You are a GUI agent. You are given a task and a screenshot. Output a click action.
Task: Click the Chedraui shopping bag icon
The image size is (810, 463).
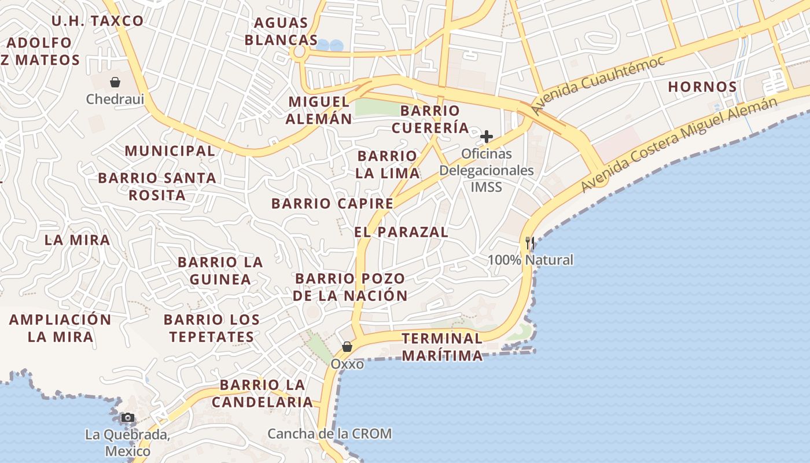tap(115, 82)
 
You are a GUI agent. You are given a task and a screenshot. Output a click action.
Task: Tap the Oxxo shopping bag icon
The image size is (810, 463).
tap(347, 347)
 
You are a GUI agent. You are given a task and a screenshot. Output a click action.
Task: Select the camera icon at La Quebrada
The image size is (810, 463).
tap(127, 417)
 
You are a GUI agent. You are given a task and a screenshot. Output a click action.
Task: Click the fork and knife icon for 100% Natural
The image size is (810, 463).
tap(529, 243)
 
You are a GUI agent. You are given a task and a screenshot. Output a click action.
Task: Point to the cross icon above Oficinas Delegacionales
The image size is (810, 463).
tap(487, 137)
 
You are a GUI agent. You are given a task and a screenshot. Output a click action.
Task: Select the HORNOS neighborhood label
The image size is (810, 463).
tap(702, 87)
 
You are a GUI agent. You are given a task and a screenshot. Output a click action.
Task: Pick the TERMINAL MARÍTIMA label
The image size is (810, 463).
tap(443, 347)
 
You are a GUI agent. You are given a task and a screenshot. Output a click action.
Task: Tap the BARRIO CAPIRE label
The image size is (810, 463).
tap(332, 204)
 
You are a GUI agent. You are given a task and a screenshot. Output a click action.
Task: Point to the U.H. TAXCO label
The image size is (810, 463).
tap(97, 21)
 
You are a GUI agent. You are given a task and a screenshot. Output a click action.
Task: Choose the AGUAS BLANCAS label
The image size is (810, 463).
tap(281, 31)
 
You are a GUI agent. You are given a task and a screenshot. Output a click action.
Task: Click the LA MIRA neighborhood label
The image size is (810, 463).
tap(77, 240)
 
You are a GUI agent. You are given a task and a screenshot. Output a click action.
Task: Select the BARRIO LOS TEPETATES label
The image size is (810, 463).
tap(211, 328)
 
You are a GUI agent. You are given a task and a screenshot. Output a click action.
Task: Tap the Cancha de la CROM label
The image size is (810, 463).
tap(329, 433)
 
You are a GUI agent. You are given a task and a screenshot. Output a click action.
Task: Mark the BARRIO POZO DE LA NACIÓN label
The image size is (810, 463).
tap(350, 287)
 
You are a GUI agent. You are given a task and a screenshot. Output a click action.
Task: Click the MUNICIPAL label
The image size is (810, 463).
tap(170, 151)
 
